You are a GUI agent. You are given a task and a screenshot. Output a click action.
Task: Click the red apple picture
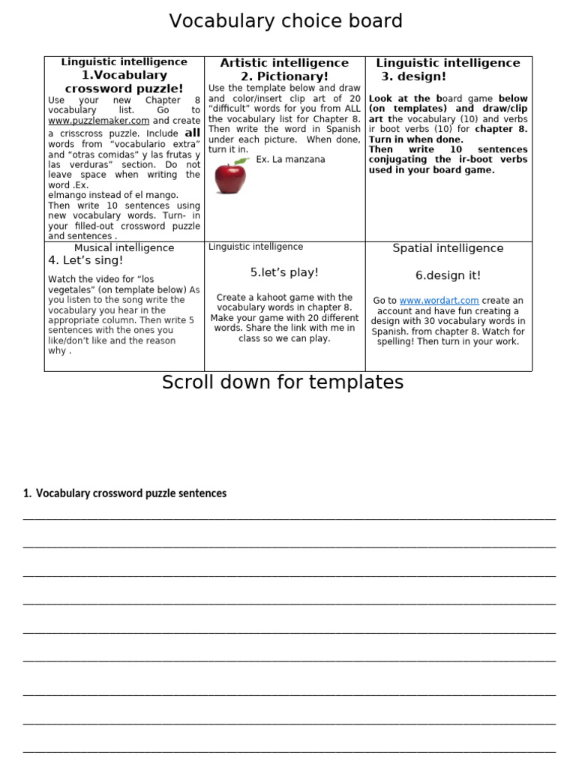click(x=229, y=177)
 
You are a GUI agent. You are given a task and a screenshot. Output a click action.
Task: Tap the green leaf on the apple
click(x=240, y=160)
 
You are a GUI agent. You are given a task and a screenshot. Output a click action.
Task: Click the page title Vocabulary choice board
click(x=286, y=21)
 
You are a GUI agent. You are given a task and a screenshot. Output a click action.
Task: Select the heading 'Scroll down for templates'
click(x=283, y=382)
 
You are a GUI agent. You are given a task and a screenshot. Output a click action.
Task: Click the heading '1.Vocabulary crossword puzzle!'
click(x=124, y=82)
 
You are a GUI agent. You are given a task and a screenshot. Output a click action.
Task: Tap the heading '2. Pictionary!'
click(x=284, y=76)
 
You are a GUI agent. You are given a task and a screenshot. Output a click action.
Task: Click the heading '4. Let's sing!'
click(x=85, y=260)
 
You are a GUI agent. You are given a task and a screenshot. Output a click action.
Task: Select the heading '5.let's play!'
click(x=284, y=272)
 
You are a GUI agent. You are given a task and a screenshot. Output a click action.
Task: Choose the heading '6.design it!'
click(x=448, y=275)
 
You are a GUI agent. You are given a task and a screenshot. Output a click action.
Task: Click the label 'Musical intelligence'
click(x=124, y=247)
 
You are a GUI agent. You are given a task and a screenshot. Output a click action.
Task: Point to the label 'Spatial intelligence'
click(x=448, y=248)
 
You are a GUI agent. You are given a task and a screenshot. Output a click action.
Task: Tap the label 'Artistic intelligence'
click(x=284, y=63)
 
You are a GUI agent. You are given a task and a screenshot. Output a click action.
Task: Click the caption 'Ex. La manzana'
click(x=290, y=160)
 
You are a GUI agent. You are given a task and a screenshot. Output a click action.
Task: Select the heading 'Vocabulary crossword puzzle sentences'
click(x=130, y=493)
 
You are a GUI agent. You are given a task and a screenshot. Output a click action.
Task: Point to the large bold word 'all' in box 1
click(x=192, y=133)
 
